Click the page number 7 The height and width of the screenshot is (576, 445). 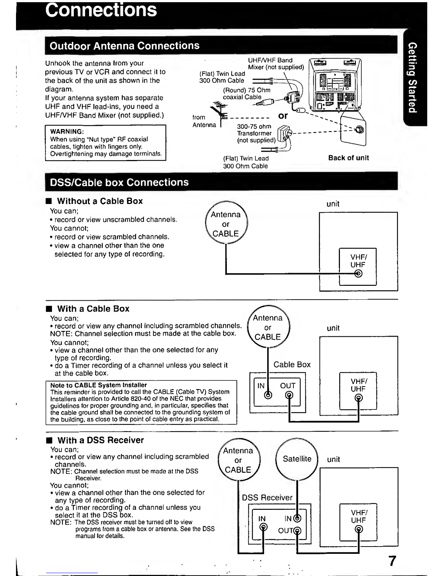point(392,561)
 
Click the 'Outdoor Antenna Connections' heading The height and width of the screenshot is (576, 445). point(124,46)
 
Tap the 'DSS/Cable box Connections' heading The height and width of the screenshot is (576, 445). point(119,183)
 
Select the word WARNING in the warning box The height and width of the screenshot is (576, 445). point(67,132)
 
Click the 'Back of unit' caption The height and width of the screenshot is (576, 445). point(349,158)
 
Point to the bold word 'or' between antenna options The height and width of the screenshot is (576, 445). point(283,116)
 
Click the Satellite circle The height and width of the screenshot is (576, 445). point(297,459)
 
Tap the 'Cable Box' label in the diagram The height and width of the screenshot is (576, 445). point(292,364)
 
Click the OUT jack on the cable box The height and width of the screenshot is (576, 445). point(289,395)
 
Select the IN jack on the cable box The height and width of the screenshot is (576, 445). point(268,395)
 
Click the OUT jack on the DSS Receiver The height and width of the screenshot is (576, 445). point(297,531)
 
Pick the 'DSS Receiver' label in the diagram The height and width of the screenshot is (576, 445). point(267,497)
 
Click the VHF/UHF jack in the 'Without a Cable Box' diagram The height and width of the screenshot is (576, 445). point(358,273)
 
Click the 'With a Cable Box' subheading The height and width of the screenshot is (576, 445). point(93,309)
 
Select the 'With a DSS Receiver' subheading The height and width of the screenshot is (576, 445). point(100,440)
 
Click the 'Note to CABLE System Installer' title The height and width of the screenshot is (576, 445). point(99,385)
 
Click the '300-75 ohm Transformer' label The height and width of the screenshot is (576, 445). point(254,130)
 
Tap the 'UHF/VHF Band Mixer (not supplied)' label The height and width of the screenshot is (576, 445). point(276,64)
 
